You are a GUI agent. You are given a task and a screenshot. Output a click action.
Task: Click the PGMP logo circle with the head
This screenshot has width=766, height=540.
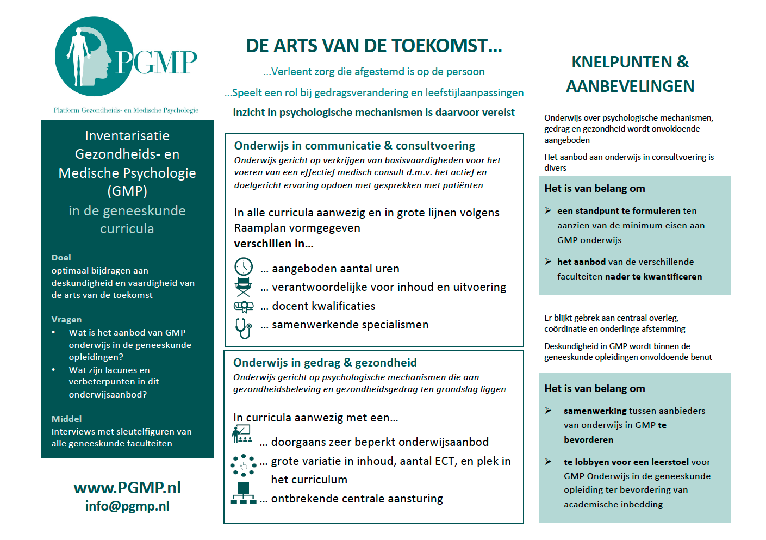(94, 57)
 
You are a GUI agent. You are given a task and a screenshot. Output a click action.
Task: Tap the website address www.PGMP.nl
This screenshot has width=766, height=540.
(127, 487)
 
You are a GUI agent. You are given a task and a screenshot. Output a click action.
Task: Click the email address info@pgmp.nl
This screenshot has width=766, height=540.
(127, 506)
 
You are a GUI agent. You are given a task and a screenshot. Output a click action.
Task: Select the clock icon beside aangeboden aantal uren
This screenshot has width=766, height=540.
(243, 266)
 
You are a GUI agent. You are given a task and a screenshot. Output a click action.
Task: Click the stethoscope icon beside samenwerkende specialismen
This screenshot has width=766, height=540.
(243, 328)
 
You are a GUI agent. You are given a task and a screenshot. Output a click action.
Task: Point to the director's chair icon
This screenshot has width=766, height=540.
(243, 287)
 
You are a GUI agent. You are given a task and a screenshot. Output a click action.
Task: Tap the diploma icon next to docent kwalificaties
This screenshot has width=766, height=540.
(243, 307)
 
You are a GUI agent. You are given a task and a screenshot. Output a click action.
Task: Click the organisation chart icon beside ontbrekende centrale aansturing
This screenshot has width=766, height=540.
(243, 493)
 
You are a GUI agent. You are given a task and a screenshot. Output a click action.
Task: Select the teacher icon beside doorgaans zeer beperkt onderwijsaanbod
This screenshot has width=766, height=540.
(241, 435)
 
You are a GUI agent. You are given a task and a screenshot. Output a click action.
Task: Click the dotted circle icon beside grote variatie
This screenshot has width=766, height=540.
(243, 465)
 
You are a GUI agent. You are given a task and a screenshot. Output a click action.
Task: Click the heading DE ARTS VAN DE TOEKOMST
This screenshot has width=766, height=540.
(373, 46)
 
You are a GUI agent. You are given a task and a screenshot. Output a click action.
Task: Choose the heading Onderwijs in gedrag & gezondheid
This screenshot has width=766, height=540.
(325, 363)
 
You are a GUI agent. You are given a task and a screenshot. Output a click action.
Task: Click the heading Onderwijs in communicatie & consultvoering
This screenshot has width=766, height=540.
(354, 146)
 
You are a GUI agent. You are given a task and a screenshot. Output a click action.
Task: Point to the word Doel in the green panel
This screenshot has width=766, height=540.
(61, 258)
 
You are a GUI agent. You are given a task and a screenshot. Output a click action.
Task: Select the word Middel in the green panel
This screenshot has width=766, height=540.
(66, 419)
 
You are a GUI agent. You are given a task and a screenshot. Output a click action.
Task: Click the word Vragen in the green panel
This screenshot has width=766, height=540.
(66, 320)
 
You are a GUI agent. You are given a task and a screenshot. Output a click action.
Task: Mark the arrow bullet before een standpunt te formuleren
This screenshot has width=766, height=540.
(548, 210)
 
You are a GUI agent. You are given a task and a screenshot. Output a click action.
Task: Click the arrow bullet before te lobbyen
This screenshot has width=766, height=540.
(548, 462)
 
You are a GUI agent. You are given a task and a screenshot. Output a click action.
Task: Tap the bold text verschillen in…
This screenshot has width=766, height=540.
(273, 244)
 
